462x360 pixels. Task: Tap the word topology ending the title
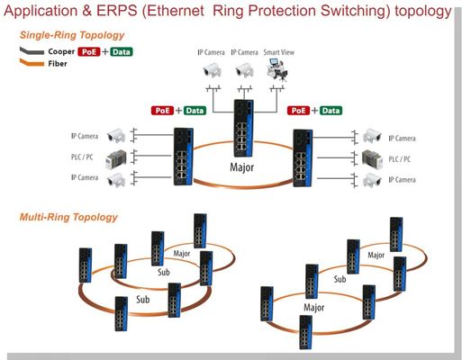pos(417,12)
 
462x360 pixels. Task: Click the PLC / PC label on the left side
pos(84,158)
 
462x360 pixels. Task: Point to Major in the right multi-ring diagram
pos(316,306)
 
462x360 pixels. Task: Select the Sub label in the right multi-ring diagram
pos(340,279)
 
